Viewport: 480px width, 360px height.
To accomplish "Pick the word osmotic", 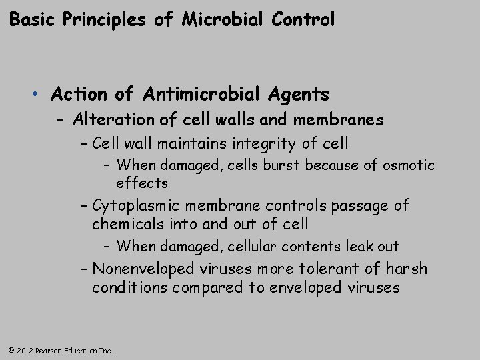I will (x=411, y=164).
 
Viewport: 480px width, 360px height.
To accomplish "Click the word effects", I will (x=141, y=182).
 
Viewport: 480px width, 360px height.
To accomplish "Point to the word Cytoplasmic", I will (x=135, y=205).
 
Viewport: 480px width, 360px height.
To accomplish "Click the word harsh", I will (x=406, y=269).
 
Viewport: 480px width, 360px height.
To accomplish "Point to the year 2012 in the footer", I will (x=23, y=350).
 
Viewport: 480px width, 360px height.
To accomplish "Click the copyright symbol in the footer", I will (x=10, y=350).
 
